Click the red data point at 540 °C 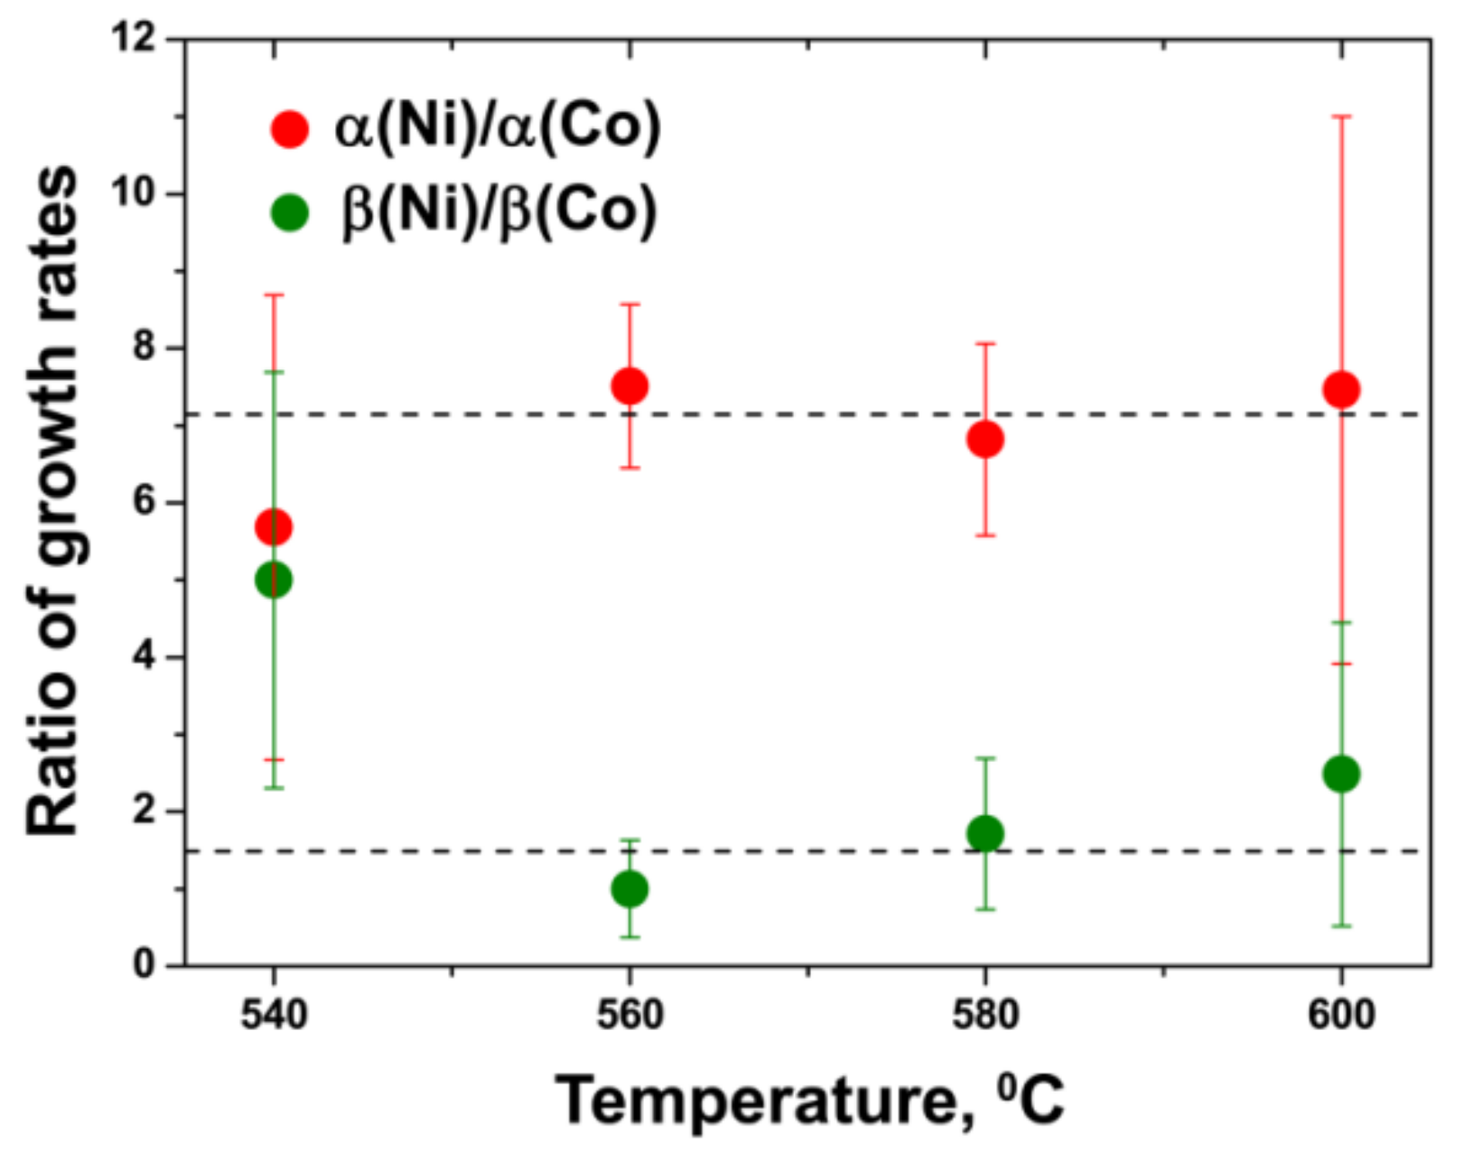tap(274, 526)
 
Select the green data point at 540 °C tap(274, 580)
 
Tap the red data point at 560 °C tap(630, 386)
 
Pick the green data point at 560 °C tap(630, 889)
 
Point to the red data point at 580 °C tap(985, 440)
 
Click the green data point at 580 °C tap(985, 833)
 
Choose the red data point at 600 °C tap(1341, 390)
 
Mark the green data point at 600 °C tap(1341, 774)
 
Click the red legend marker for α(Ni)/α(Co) tap(290, 129)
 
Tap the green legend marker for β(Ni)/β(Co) tap(290, 213)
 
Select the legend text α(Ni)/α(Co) tap(498, 126)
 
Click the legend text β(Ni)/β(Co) tap(499, 211)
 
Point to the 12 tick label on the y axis tap(133, 39)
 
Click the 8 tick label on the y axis tap(145, 348)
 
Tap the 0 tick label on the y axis tap(145, 965)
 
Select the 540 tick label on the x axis tap(274, 1015)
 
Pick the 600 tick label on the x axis tap(1341, 1015)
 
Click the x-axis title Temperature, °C tap(809, 1100)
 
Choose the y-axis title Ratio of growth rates tap(52, 501)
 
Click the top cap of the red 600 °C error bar tap(1341, 116)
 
